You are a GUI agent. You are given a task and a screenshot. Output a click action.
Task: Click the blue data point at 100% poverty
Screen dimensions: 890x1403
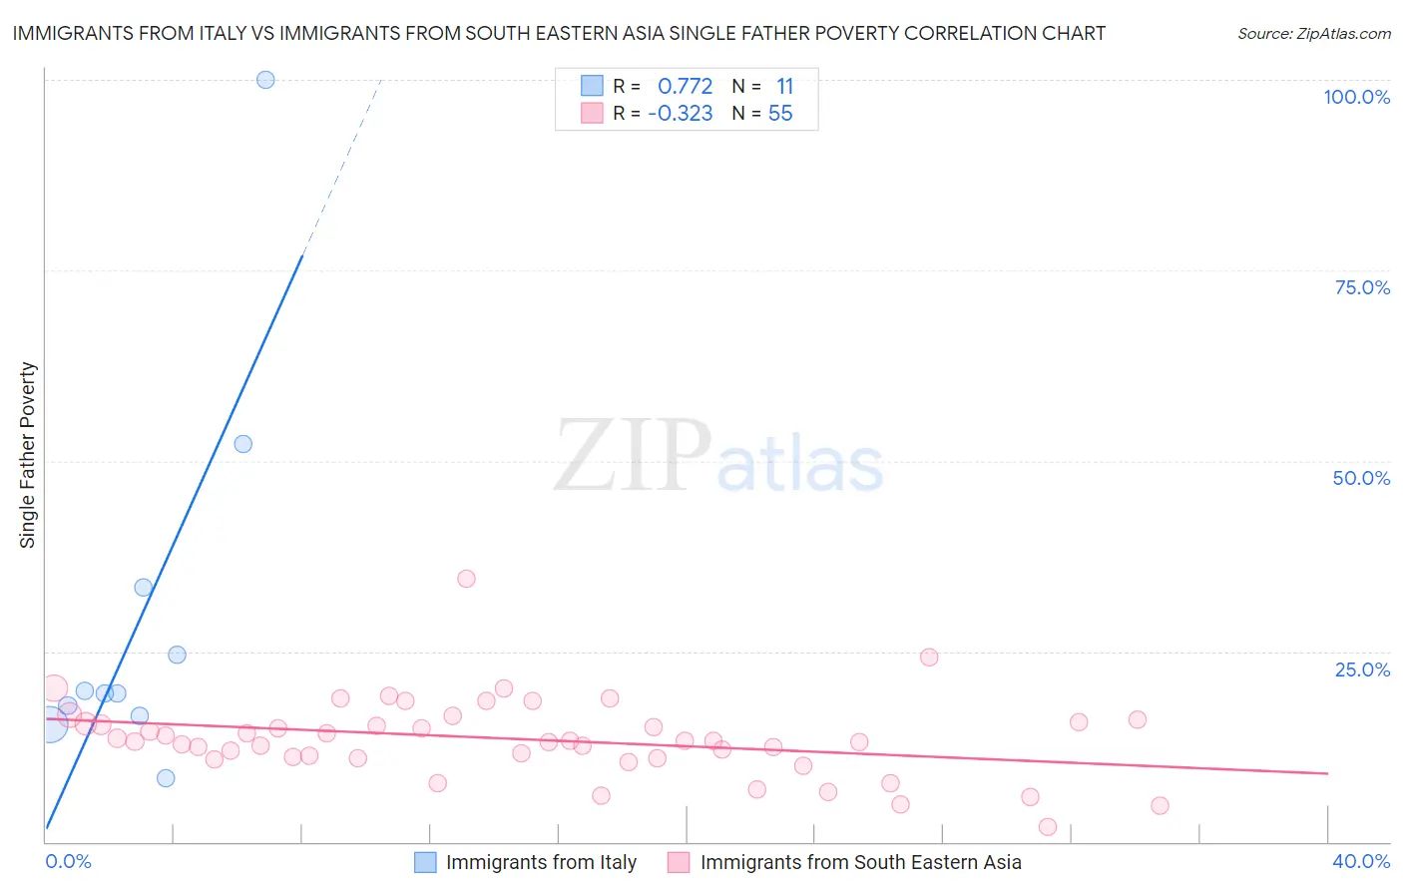(265, 80)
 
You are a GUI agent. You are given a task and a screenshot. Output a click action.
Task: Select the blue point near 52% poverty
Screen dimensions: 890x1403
(243, 444)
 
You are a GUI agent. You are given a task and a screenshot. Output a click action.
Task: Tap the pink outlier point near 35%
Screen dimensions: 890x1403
(466, 579)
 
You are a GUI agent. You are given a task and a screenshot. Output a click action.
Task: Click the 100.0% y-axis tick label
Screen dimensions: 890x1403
(1356, 97)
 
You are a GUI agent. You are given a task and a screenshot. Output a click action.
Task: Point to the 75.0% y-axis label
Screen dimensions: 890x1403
(1362, 287)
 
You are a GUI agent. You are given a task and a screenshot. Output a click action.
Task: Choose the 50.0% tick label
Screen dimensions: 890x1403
(1361, 478)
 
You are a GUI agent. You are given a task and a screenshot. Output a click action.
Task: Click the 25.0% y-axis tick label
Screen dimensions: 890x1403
(1362, 669)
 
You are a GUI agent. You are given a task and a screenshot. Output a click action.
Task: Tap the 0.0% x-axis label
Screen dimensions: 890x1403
(69, 861)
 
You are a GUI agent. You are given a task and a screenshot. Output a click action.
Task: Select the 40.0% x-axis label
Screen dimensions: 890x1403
(1361, 861)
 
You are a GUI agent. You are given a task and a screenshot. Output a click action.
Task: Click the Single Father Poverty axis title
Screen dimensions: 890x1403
(28, 455)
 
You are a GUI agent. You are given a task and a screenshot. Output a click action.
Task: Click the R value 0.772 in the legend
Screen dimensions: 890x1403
(685, 87)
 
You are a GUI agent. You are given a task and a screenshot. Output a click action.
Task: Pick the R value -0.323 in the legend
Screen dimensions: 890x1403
(681, 114)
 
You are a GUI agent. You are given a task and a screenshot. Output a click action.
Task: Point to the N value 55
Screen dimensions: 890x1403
(780, 114)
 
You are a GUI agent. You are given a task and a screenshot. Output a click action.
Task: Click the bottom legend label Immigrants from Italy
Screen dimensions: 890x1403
(541, 862)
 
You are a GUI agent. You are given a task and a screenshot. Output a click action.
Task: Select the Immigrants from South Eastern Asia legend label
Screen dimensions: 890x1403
(860, 862)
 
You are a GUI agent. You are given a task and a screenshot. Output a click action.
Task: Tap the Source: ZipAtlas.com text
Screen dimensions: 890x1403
(1314, 34)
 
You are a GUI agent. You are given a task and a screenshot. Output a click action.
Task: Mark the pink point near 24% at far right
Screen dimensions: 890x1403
(929, 657)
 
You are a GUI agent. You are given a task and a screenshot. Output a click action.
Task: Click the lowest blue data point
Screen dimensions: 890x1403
(166, 778)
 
